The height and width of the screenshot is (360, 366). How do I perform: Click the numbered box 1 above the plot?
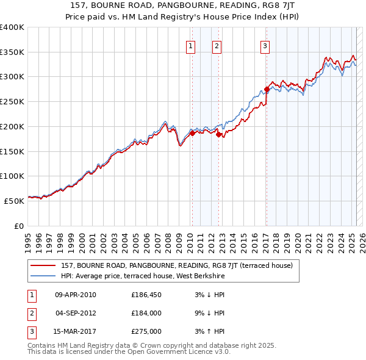point(191,45)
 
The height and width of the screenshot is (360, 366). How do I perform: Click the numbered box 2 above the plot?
point(217,45)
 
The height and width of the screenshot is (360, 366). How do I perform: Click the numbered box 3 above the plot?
point(265,45)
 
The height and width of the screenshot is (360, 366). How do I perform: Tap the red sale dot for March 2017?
point(267,90)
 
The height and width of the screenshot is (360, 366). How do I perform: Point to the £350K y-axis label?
point(12,52)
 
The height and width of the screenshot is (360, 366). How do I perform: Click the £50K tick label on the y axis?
point(14,201)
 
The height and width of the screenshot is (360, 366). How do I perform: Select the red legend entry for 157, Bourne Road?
point(177,265)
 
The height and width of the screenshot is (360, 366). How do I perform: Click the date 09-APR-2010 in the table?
point(76,295)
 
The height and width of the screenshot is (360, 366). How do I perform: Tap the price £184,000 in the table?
point(146,313)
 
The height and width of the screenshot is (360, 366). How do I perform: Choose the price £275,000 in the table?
point(146,331)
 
